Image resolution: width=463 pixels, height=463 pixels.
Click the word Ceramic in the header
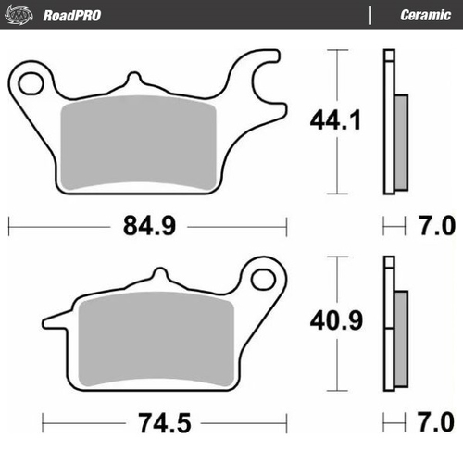[425, 14]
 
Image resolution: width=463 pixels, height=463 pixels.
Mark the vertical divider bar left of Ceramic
[370, 14]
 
